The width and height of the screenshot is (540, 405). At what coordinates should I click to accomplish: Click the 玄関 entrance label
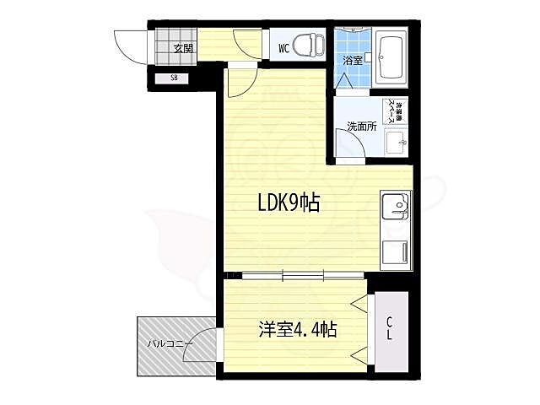(183, 48)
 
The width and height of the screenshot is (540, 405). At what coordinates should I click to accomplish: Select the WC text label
(283, 48)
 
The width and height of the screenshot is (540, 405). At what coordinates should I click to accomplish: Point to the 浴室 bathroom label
(352, 60)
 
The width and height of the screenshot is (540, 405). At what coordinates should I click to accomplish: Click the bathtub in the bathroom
(391, 58)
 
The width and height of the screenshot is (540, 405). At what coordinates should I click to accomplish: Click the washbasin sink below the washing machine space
(394, 142)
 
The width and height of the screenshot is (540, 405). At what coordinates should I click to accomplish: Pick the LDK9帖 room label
(288, 203)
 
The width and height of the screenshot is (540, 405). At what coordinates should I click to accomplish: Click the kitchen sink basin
(395, 205)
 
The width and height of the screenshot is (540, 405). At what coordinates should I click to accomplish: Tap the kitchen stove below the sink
(394, 251)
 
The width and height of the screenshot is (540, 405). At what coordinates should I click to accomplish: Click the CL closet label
(390, 328)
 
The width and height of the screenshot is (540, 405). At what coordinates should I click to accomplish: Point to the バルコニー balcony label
(170, 343)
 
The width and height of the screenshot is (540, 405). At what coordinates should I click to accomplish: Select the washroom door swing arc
(349, 148)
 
